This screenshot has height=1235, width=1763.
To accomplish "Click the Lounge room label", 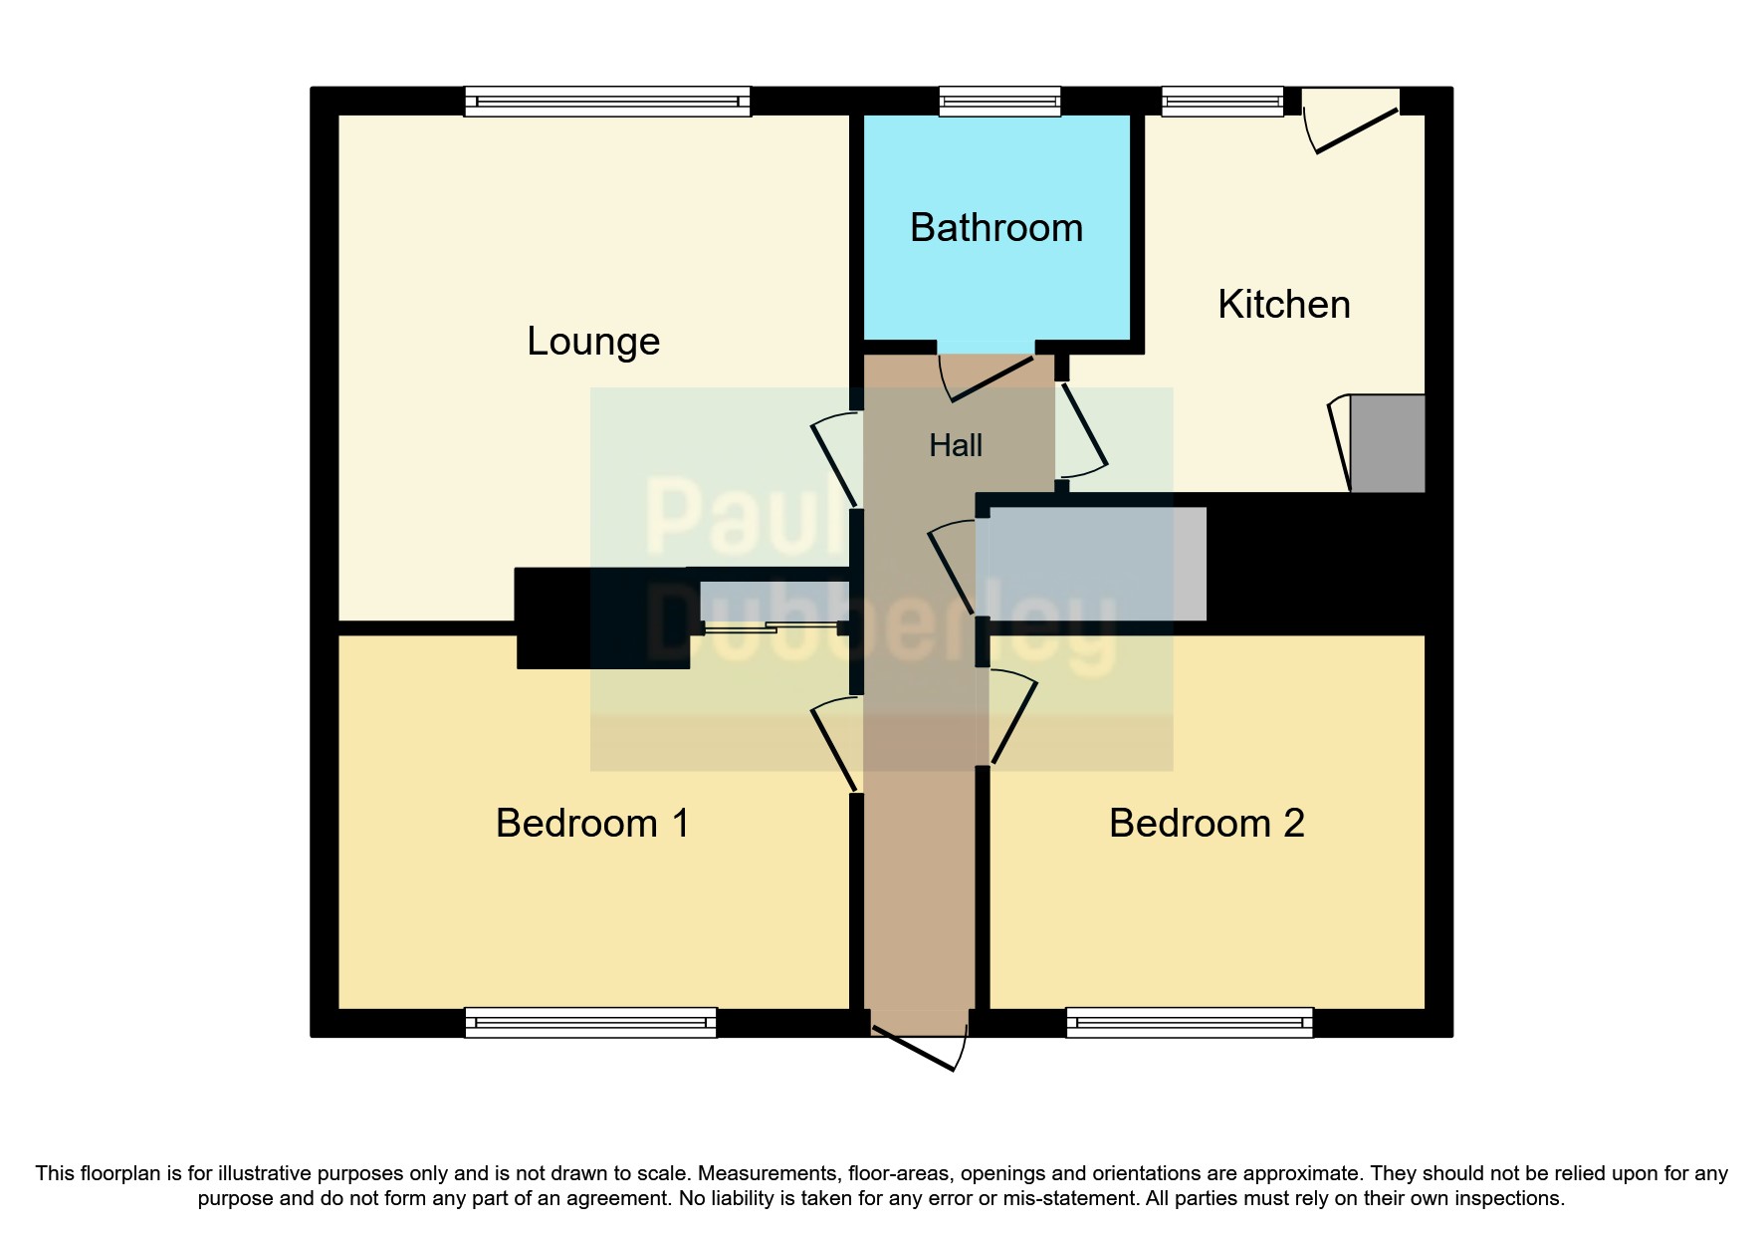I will click(593, 342).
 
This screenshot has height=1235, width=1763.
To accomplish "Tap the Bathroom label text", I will click(995, 228).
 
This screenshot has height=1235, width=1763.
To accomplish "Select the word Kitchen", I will click(1283, 305).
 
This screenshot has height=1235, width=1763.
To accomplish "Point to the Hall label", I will click(955, 445).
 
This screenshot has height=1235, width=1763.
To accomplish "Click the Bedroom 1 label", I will click(592, 824).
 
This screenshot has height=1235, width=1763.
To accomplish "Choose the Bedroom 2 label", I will click(1206, 824).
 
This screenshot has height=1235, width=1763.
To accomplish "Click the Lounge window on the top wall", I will click(607, 102).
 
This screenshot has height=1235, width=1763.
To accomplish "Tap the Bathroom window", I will click(999, 102).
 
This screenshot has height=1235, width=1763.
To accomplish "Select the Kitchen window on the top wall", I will click(1222, 102).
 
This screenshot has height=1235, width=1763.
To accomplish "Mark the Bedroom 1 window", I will click(590, 1023).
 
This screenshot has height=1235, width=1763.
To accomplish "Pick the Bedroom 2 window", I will click(1190, 1023).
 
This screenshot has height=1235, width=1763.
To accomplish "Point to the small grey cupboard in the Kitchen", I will click(1387, 443).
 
